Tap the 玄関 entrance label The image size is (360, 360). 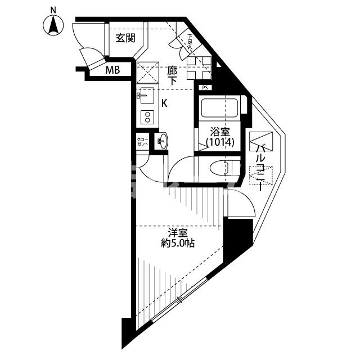pos(125,38)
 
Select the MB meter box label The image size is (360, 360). pos(114,70)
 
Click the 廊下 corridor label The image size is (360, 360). pos(173,76)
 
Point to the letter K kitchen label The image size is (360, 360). pos(164,103)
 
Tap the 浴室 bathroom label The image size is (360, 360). pos(219,132)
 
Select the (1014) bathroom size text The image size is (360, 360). pos(219,143)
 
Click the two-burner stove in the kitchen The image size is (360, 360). pos(148,118)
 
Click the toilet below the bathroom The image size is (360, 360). pos(223,168)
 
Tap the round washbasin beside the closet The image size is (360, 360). pos(163,141)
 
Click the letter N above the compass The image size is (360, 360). pos(53,10)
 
